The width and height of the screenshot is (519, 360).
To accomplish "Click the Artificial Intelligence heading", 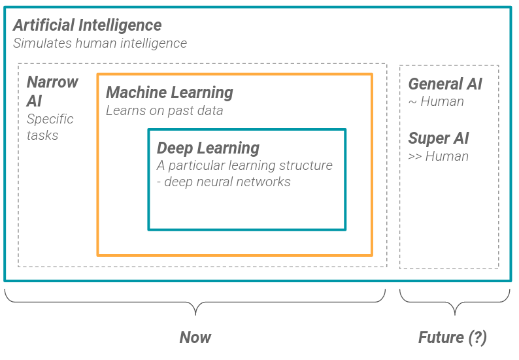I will [x=88, y=25].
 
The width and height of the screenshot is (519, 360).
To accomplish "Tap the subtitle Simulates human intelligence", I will [x=100, y=44].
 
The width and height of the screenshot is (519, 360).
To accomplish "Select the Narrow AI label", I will [x=52, y=91].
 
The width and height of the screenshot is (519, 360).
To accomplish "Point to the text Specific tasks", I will [x=50, y=127].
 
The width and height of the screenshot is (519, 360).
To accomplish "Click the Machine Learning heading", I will [x=169, y=93].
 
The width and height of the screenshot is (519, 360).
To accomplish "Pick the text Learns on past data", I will [x=164, y=110].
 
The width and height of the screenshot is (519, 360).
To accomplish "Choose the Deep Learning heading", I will [x=208, y=148].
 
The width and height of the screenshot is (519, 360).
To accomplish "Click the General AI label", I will [x=444, y=84].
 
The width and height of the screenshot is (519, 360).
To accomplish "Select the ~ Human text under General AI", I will [x=436, y=102].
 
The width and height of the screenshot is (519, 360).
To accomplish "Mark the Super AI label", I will [x=438, y=139].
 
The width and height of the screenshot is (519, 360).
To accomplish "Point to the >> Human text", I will [x=438, y=156].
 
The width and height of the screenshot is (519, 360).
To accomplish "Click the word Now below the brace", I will [x=195, y=338].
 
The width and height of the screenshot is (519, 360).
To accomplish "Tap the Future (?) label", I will [x=452, y=338].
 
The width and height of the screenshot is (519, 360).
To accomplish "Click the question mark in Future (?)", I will [x=478, y=338].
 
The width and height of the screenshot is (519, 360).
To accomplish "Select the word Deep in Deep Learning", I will [x=174, y=148].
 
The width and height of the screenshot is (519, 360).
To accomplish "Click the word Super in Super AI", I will [x=428, y=139].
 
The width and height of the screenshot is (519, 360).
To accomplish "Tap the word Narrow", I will [x=52, y=82].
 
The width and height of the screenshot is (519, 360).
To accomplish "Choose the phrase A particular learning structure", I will [x=244, y=165].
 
